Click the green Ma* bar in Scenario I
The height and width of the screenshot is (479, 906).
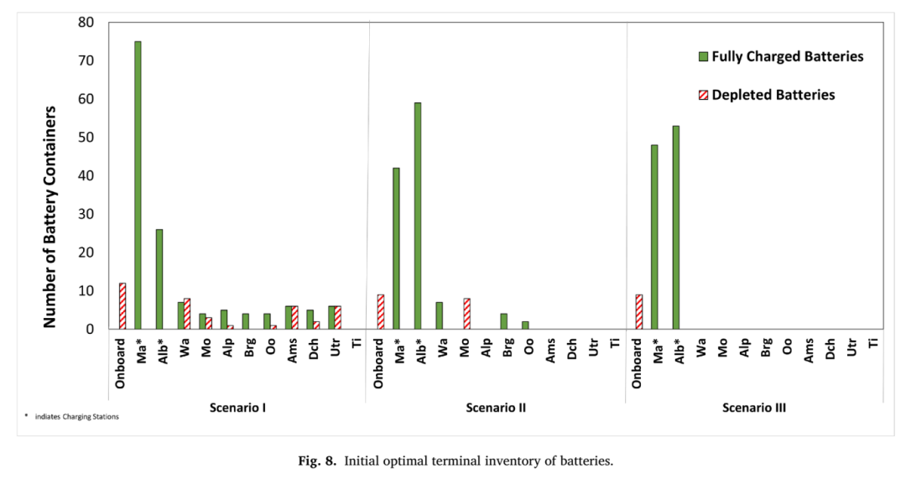[x=138, y=185]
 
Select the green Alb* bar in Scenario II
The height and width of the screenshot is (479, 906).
[x=418, y=216]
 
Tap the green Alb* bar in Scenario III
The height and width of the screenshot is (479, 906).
[x=675, y=227]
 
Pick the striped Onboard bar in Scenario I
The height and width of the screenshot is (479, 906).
[x=122, y=305]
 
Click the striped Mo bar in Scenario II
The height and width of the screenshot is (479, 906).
[x=467, y=314]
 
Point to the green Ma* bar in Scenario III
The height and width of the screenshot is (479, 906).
[x=654, y=237]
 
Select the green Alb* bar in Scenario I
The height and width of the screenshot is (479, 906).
[x=159, y=279]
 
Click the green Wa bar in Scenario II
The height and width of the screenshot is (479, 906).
[x=439, y=315]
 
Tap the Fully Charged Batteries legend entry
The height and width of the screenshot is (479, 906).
[x=781, y=57]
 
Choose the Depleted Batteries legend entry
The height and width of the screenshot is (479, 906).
[x=767, y=95]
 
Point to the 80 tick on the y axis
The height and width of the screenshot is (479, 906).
[x=86, y=23]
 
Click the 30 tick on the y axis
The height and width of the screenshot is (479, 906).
[x=86, y=215]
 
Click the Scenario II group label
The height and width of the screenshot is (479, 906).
[x=496, y=408]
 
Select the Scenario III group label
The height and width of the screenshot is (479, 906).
[x=754, y=408]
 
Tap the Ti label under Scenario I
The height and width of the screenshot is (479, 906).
[x=357, y=342]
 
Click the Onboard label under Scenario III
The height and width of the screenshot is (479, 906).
[x=637, y=363]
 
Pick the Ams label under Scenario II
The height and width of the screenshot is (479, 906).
[x=550, y=350]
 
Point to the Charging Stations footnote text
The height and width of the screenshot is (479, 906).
[x=77, y=417]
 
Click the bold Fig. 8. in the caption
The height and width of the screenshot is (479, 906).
[x=316, y=461]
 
